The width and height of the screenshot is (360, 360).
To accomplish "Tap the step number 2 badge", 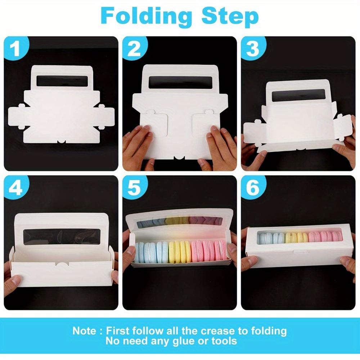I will pos(134,49).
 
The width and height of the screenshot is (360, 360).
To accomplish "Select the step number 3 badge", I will pos(252,49).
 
